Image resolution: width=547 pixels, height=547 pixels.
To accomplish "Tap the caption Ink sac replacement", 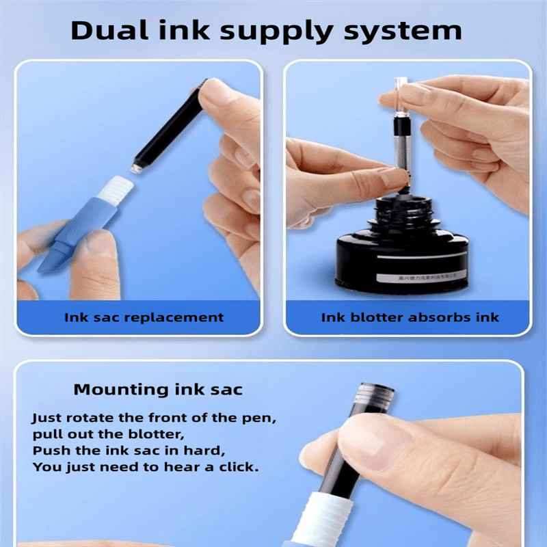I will tap(144, 317).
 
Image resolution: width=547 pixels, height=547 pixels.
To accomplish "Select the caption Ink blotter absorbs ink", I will tap(410, 317).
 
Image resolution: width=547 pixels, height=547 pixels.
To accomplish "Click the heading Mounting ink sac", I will tap(158, 390).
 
